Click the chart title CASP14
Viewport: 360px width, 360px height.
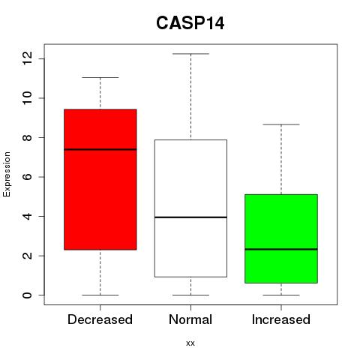[x=190, y=23]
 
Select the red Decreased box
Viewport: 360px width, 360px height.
[x=100, y=179]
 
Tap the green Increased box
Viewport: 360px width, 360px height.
[x=281, y=238]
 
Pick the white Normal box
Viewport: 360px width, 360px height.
[x=190, y=208]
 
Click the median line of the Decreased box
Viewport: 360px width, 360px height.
[x=100, y=149]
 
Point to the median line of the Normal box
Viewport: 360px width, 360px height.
[x=190, y=217]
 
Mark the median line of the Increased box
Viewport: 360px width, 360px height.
[x=281, y=249]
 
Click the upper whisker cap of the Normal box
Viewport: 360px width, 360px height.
[x=190, y=54]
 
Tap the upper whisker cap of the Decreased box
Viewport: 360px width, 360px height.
[x=100, y=77]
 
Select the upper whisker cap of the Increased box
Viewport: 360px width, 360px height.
[x=281, y=124]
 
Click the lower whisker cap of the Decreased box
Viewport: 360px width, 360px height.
[x=100, y=295]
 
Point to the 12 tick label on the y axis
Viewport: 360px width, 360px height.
[x=27, y=58]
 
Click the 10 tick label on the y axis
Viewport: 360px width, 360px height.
[x=27, y=98]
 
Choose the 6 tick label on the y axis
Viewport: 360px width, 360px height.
[x=27, y=177]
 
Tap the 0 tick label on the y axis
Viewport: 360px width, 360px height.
[x=27, y=295]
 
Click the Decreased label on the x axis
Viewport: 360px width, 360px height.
[x=100, y=319]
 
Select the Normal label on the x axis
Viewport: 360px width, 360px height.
[x=190, y=319]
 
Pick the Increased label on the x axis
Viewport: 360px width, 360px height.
[x=281, y=319]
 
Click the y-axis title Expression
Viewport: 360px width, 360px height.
[x=7, y=174]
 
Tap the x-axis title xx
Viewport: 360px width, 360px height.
[x=190, y=343]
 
